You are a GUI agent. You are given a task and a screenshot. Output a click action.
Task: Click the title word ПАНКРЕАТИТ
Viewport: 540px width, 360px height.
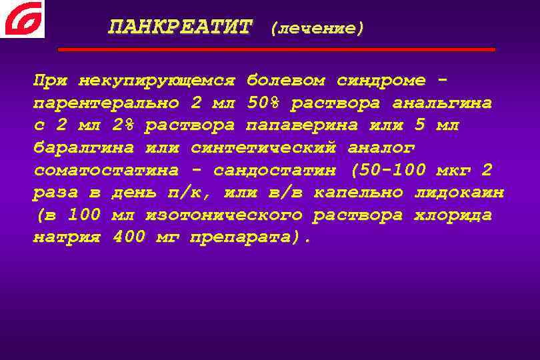coord(181,27)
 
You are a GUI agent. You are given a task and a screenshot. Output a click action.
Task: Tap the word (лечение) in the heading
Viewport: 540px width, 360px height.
coord(317,28)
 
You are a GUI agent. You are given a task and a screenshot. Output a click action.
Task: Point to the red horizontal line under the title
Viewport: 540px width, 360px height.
coord(277,49)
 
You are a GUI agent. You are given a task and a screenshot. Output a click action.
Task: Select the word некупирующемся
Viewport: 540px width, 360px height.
coord(157,81)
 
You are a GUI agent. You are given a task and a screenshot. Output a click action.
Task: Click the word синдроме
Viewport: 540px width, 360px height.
coord(381,81)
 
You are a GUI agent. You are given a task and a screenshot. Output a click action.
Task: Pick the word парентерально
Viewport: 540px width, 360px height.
coord(106,103)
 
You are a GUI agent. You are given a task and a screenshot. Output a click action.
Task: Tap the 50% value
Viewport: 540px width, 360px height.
coord(263,103)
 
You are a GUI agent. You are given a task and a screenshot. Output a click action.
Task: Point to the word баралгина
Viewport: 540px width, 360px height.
coord(84,148)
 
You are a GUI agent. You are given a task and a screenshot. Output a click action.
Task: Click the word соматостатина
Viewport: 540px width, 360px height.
coord(106,171)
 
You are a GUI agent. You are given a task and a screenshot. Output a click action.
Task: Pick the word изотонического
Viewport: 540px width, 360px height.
coord(223,215)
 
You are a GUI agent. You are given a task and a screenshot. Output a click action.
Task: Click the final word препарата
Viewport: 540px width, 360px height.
coord(246,238)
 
